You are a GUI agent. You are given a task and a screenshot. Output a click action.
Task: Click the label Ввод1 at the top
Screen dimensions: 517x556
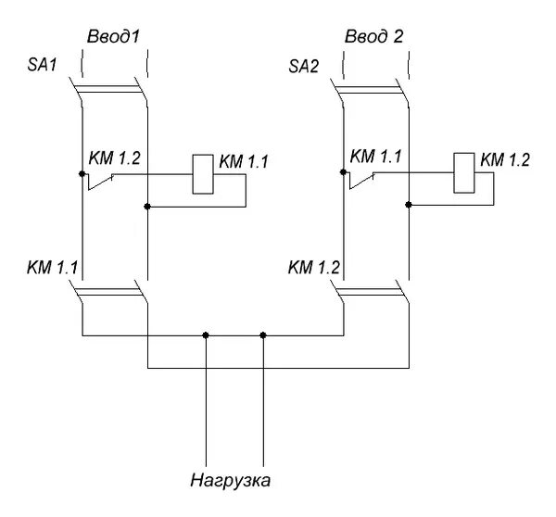click(x=114, y=37)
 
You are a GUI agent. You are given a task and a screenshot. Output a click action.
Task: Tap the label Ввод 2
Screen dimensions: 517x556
click(x=374, y=37)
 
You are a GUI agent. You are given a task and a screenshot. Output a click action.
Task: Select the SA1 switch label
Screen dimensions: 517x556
click(x=44, y=68)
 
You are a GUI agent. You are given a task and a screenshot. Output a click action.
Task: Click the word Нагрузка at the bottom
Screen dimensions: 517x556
click(x=232, y=481)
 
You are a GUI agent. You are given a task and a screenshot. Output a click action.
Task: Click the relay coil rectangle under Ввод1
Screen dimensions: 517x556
click(x=202, y=173)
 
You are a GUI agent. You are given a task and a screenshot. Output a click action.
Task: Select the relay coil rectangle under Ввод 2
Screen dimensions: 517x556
click(x=462, y=173)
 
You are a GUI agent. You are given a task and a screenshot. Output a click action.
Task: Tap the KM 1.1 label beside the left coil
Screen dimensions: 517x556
click(x=243, y=161)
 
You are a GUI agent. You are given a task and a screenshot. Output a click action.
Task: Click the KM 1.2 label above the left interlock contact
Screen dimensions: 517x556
click(x=114, y=158)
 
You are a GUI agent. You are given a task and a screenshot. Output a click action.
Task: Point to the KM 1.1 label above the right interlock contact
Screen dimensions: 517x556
click(x=374, y=158)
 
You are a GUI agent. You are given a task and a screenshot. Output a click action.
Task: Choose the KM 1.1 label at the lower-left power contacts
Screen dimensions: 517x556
click(x=53, y=269)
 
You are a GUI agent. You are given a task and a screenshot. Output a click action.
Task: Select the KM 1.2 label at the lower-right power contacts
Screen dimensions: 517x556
click(x=315, y=269)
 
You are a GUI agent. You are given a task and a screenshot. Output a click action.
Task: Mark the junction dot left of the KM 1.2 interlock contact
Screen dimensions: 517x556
click(x=82, y=173)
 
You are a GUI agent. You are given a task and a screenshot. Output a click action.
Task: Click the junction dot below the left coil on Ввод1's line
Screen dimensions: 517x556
click(x=147, y=207)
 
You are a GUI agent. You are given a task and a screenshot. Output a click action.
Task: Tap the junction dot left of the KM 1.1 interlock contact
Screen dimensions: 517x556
click(x=343, y=172)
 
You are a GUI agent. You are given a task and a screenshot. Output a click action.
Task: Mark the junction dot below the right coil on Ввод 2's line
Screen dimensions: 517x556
click(x=408, y=207)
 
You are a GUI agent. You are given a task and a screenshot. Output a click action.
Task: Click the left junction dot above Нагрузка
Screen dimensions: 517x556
click(x=206, y=334)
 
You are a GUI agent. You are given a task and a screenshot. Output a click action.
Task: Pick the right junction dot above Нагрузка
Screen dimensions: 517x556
click(x=264, y=334)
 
